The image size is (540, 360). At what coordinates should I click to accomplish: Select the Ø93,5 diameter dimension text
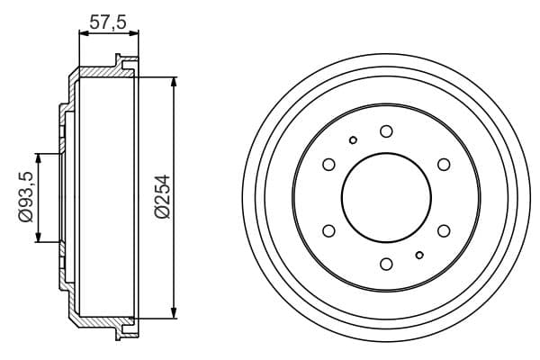pos(25,196)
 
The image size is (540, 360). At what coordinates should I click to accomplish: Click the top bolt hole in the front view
pos(386,131)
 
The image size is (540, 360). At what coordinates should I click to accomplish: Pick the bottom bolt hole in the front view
pos(386,264)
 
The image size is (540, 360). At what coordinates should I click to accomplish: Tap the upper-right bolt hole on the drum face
pos(444,164)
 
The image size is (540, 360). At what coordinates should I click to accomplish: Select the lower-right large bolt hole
pos(444,231)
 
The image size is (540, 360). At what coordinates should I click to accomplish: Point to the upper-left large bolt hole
pos(328,164)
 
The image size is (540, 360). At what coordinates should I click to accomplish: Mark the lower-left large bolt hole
pos(328,231)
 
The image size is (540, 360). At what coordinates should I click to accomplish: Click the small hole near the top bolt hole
pos(353,139)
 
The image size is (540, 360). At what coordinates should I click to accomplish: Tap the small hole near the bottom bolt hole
pos(419,256)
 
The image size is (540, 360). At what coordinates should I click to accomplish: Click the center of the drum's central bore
pos(386,197)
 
